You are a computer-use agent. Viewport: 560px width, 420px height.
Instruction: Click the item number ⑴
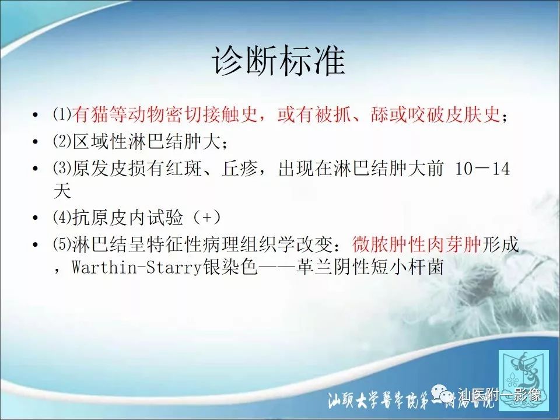click(62, 115)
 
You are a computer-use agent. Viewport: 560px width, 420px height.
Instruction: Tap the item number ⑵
click(62, 142)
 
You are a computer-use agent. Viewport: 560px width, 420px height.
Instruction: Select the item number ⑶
click(62, 169)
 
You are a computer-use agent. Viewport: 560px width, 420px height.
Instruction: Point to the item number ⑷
click(62, 218)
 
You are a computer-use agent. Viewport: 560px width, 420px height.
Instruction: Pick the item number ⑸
click(62, 245)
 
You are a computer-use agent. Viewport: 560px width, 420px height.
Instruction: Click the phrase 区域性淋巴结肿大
click(145, 142)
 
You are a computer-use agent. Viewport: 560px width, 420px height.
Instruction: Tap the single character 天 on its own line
click(61, 191)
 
